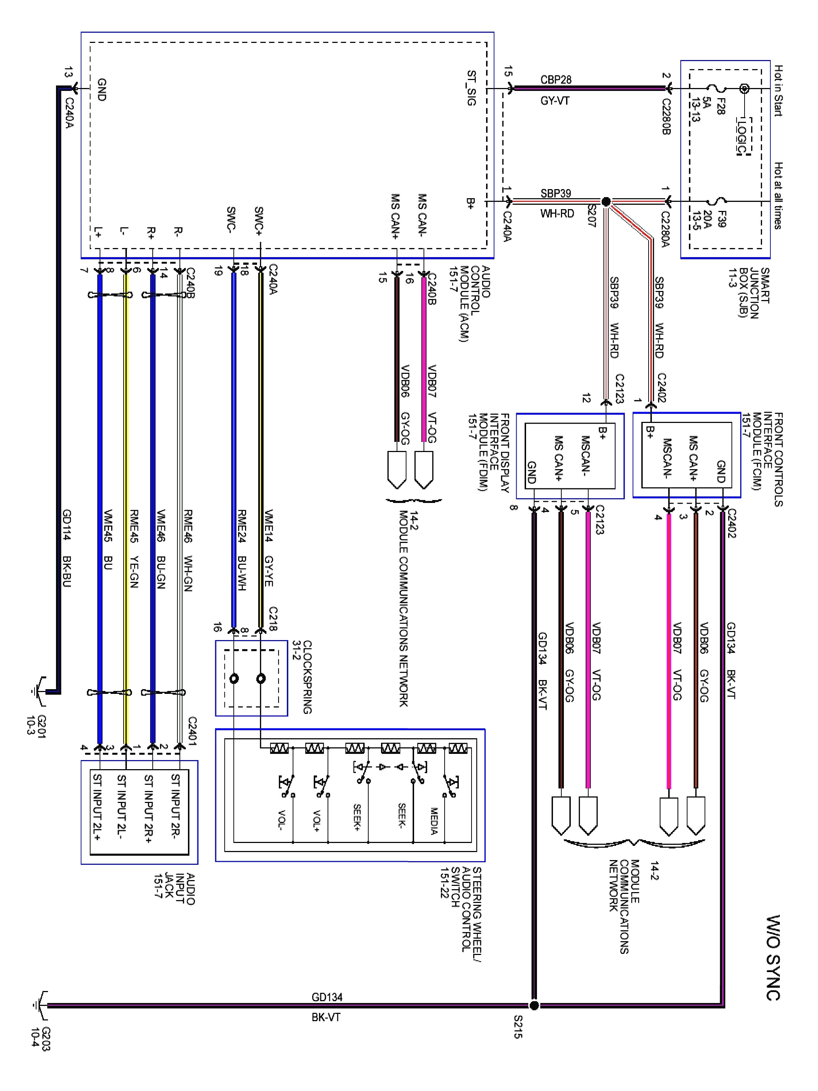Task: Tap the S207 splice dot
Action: [x=606, y=201]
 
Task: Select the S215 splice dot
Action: [x=534, y=1005]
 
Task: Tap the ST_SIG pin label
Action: [x=472, y=88]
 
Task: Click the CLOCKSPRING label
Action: [x=307, y=677]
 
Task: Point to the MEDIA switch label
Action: [x=434, y=821]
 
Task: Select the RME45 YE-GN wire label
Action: [x=134, y=548]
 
